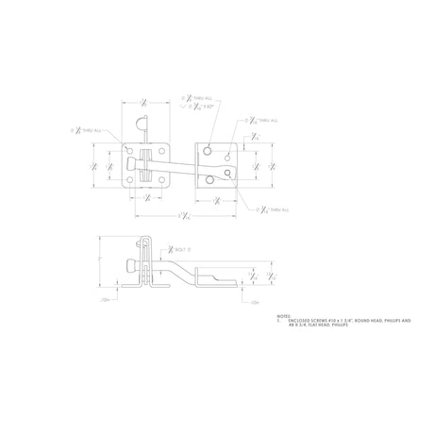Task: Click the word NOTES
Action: click(283, 317)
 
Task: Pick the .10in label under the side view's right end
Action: click(255, 301)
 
